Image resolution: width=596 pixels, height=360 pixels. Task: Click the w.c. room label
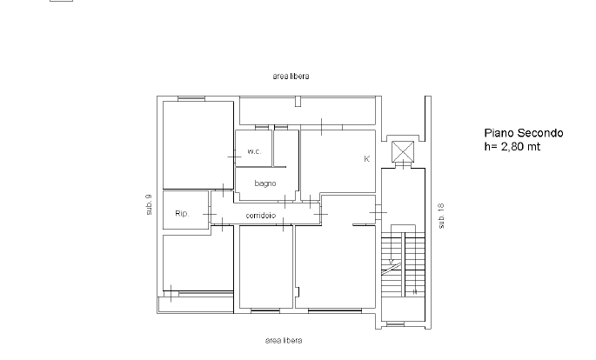click(x=254, y=151)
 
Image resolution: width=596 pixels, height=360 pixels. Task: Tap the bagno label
click(x=265, y=183)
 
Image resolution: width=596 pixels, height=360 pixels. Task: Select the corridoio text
click(x=261, y=216)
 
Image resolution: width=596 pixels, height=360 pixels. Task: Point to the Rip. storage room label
click(x=182, y=213)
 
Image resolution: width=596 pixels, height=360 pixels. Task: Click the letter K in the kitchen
click(x=366, y=159)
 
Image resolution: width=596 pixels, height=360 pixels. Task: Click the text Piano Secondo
click(x=524, y=133)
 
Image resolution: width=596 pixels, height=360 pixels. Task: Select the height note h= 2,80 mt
click(x=512, y=147)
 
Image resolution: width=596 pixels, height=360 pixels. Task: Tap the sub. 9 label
click(x=149, y=204)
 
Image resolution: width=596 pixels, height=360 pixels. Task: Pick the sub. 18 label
click(x=441, y=216)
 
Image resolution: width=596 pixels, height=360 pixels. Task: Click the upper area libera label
click(x=291, y=76)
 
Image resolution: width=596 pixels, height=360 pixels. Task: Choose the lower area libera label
click(x=284, y=340)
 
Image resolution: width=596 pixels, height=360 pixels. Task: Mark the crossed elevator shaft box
click(x=403, y=151)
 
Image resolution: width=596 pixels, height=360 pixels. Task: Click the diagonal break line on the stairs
click(x=391, y=269)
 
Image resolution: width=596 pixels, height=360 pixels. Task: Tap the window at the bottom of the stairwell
click(x=395, y=324)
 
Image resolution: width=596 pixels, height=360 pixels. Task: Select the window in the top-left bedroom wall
click(x=191, y=99)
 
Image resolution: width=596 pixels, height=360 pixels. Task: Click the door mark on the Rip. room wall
click(x=210, y=214)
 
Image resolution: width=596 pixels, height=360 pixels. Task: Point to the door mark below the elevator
click(x=403, y=164)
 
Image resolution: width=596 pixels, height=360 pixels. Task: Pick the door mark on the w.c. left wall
click(x=235, y=157)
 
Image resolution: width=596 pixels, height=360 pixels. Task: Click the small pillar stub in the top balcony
click(x=298, y=102)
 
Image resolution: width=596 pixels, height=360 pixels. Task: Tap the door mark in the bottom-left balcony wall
click(x=171, y=293)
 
